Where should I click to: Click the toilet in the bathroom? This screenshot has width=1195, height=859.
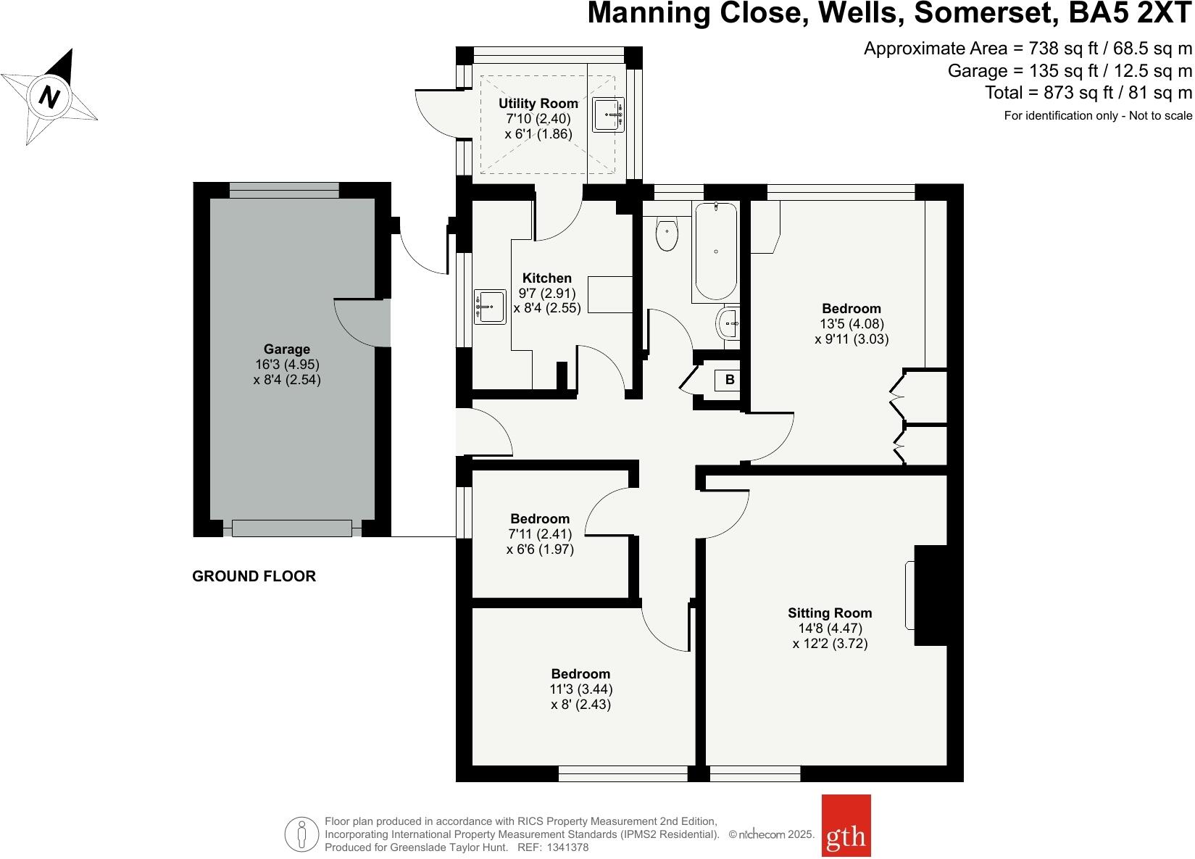(667, 235)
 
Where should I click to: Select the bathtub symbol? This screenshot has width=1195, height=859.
(716, 251)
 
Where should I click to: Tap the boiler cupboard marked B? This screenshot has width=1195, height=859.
(730, 379)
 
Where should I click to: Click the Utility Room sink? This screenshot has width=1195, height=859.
(609, 115)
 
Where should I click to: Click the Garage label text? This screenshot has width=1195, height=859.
(286, 349)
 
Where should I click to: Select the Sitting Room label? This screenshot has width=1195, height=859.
(830, 613)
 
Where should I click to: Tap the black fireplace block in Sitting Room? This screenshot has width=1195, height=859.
(931, 594)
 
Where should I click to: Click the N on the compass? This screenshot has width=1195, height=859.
(49, 96)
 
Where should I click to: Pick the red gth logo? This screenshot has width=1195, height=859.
(846, 836)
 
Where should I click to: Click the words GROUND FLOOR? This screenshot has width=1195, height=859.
(254, 576)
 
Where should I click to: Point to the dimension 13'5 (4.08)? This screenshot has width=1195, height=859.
(852, 324)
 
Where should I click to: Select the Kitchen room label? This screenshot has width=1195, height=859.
(547, 278)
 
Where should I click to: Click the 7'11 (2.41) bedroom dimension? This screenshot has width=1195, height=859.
(540, 534)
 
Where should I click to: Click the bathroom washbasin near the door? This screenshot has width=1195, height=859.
(728, 323)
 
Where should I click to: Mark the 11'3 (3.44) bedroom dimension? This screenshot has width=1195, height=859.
(580, 689)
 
